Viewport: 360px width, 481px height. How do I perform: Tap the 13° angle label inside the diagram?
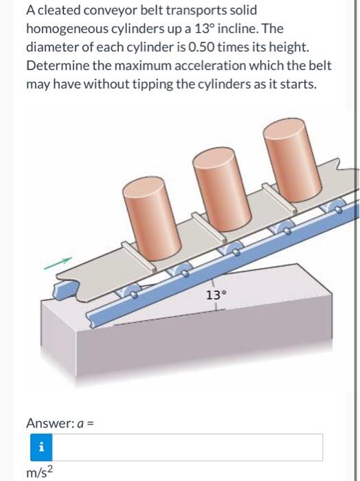click(216, 296)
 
